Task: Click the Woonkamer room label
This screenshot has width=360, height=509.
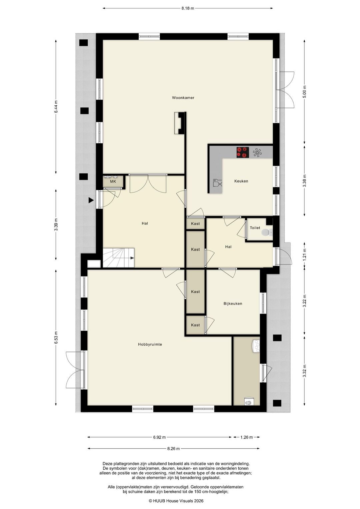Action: pos(183,98)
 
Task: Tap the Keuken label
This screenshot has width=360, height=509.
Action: pos(241,181)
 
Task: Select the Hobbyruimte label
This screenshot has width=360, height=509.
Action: pos(150,344)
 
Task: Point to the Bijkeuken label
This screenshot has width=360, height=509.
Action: pos(233,304)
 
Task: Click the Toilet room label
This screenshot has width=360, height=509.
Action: pos(255,228)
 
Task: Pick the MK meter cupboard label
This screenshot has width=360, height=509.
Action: pos(113,182)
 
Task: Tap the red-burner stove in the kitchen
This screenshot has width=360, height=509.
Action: pos(243,152)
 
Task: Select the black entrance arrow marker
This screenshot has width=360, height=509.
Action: pos(91,200)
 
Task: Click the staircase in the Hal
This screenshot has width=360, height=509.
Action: pos(118,258)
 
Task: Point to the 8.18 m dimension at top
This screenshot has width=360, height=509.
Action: pos(188,8)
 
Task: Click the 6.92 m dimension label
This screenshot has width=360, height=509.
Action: pos(159,437)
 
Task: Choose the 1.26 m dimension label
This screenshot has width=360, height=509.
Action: pos(246,437)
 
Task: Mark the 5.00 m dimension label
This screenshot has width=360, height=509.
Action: pos(304,91)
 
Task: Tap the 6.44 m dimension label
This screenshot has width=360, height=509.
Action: pos(56,107)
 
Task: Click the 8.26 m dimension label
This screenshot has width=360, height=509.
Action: pos(173,449)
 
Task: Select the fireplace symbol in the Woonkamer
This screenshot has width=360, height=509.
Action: pos(179,123)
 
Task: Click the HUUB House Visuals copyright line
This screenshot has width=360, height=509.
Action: pos(176,501)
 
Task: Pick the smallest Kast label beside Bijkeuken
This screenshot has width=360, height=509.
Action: pos(195,325)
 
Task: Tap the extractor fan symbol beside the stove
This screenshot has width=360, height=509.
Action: pos(257,152)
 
